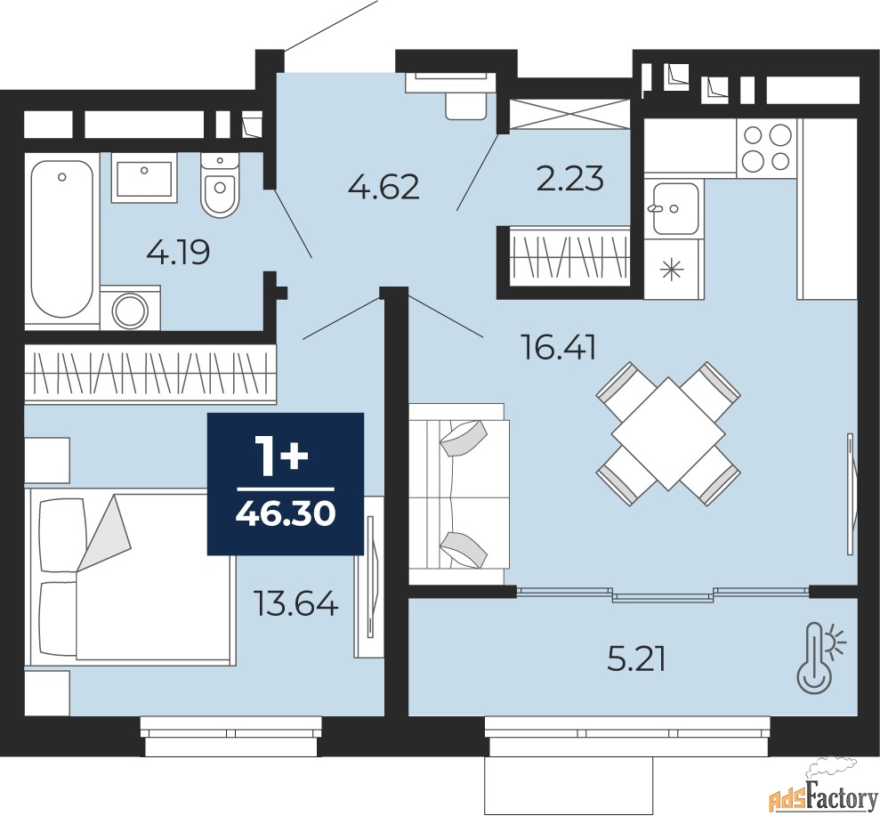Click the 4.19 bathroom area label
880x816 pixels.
point(178,253)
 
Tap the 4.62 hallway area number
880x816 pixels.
point(383,187)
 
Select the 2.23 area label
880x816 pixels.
point(570,178)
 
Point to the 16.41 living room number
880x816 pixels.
point(559,347)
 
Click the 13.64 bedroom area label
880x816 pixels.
point(295,604)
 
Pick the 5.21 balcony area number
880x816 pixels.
point(636,660)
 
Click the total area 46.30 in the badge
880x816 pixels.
point(286,513)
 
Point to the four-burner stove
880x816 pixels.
point(767,148)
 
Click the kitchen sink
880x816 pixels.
point(674,207)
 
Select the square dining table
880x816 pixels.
point(668,433)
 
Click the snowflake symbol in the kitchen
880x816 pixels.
point(672,270)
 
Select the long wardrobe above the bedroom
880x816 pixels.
point(150,374)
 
